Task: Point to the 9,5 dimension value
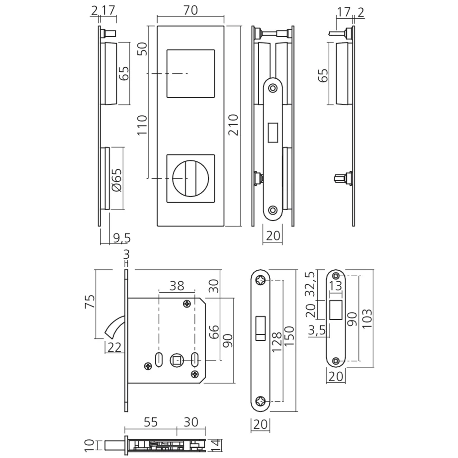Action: (x=121, y=238)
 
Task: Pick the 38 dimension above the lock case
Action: (x=176, y=286)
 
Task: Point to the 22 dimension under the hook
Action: (x=114, y=348)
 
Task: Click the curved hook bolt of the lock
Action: (x=116, y=327)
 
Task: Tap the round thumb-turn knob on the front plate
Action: (x=190, y=177)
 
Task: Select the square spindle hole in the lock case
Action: (x=176, y=360)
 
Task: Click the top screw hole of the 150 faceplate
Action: (x=262, y=280)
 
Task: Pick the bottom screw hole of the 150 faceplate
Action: (x=262, y=401)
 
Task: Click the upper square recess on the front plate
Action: (x=190, y=73)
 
